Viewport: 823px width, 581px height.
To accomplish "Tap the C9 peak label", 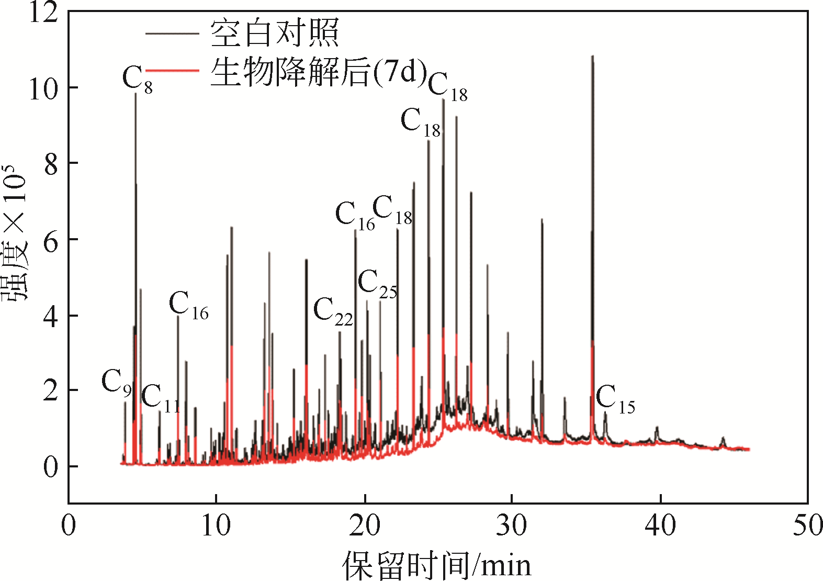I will [116, 382].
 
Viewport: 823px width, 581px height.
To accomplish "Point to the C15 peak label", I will [615, 399].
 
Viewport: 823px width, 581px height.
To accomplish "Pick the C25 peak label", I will [377, 284].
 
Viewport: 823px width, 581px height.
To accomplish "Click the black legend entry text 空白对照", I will [275, 32].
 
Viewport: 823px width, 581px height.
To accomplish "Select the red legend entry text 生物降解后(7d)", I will [319, 72].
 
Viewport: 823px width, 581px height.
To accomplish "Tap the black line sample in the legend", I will [172, 33].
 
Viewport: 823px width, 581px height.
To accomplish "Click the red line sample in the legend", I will [172, 70].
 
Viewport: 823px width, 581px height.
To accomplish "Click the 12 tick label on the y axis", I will [43, 13].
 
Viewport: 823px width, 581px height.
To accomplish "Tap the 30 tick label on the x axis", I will [511, 526].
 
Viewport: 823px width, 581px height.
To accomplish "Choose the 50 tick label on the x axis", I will [807, 526].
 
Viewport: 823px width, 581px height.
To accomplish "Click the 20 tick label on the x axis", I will [364, 526].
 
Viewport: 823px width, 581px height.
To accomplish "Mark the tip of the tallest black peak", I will [592, 55].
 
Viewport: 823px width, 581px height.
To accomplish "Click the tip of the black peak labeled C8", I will [136, 94].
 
